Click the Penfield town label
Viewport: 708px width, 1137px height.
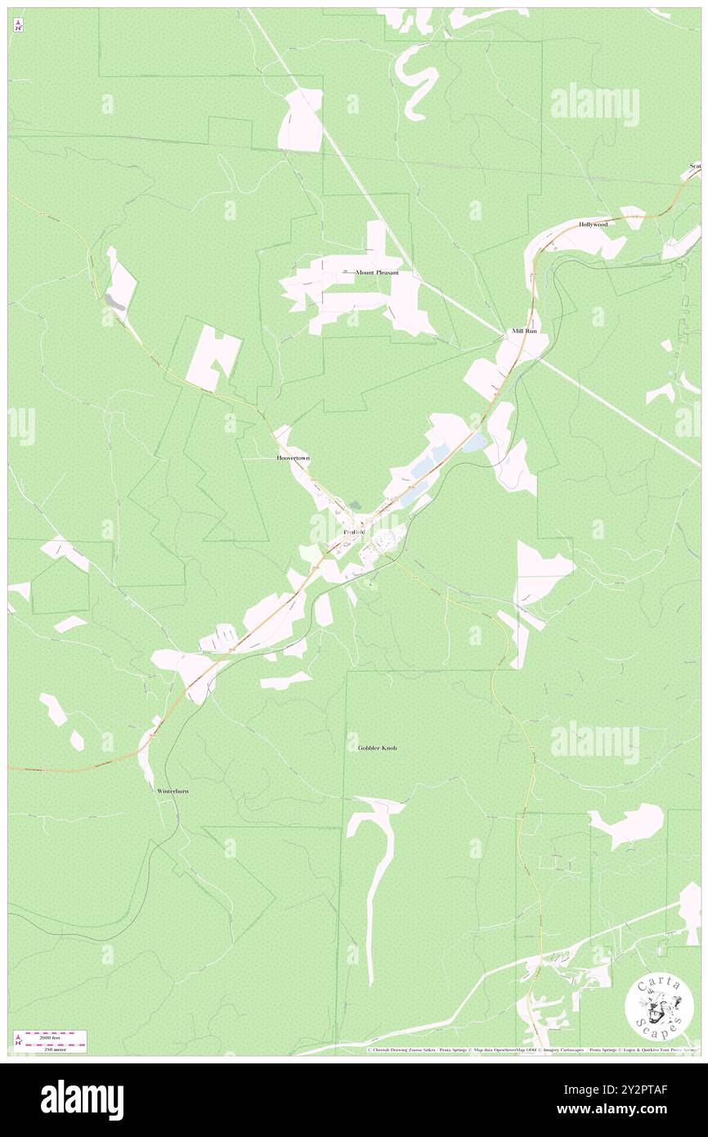coord(354,533)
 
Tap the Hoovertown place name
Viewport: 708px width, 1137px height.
coord(294,459)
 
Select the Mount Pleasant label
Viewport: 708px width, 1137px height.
coord(376,272)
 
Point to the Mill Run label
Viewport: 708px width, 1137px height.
coord(524,331)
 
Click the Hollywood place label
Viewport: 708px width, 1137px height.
coord(594,224)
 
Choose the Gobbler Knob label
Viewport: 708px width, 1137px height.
coord(378,748)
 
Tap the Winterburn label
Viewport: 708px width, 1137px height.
coord(173,792)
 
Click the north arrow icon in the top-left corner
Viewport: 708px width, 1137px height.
coord(18,25)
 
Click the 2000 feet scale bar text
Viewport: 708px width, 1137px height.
coord(55,1036)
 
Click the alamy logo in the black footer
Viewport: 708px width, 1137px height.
coord(82,1099)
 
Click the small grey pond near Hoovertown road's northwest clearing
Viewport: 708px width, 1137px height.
coord(114,302)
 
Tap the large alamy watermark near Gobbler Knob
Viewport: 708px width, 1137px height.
coord(594,742)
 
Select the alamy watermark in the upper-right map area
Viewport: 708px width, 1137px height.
coord(594,104)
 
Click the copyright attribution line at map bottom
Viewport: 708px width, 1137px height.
coord(531,1050)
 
